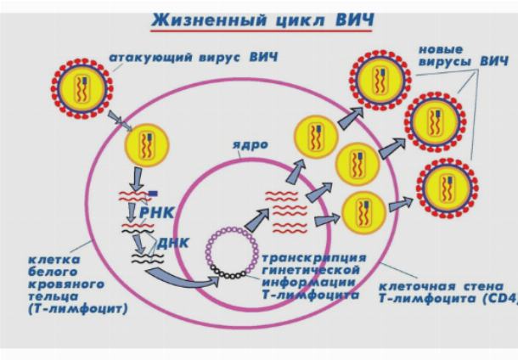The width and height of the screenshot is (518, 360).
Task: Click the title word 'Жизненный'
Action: pyautogui.click(x=209, y=20)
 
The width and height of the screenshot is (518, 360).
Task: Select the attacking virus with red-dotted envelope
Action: pyautogui.click(x=82, y=88)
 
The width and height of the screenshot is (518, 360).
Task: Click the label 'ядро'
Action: pyautogui.click(x=250, y=145)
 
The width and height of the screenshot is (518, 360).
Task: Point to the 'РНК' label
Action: pyautogui.click(x=156, y=213)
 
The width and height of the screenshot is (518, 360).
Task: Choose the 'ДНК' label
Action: pyautogui.click(x=173, y=243)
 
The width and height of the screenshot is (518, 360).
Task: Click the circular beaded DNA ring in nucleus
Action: pyautogui.click(x=232, y=253)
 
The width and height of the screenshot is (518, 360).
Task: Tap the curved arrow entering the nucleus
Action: pyautogui.click(x=183, y=278)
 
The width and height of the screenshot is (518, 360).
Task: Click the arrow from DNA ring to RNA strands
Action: pyautogui.click(x=257, y=219)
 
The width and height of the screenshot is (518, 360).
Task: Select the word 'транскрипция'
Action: pyautogui.click(x=314, y=258)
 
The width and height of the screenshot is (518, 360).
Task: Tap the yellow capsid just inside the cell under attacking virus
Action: pyautogui.click(x=147, y=145)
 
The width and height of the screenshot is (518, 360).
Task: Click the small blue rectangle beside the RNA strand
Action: pyautogui.click(x=153, y=194)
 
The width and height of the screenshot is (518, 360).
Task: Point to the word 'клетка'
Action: pyautogui.click(x=53, y=260)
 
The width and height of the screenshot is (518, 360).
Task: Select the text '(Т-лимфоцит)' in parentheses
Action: pyautogui.click(x=78, y=309)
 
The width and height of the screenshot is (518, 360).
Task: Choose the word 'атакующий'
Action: pyautogui.click(x=150, y=57)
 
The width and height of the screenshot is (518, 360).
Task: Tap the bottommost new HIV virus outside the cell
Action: pyautogui.click(x=448, y=188)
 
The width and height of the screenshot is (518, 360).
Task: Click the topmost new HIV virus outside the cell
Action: pyautogui.click(x=380, y=81)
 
